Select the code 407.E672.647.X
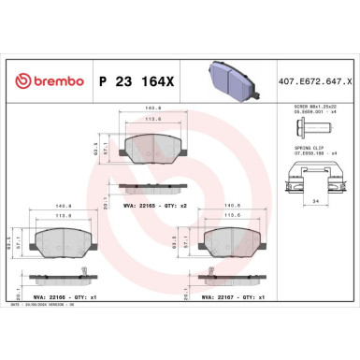pyautogui.click(x=313, y=80)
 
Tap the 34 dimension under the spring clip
pyautogui.click(x=311, y=199)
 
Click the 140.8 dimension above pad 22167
pyautogui.click(x=230, y=205)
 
